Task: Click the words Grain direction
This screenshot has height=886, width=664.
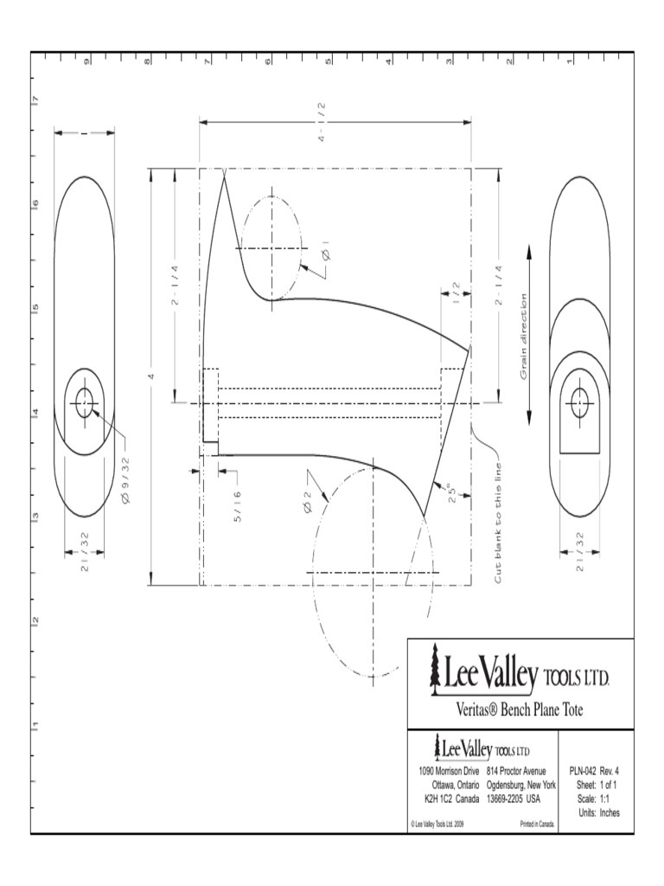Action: tap(524, 337)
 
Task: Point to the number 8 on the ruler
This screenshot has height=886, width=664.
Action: tap(147, 61)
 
